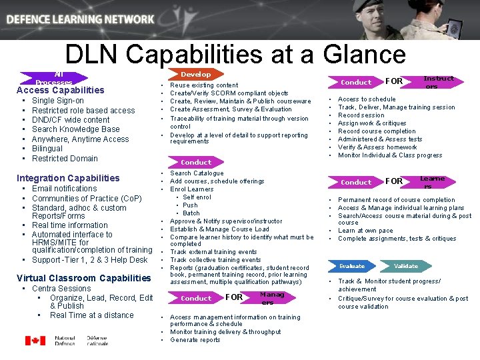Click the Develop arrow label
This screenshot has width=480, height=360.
click(x=196, y=75)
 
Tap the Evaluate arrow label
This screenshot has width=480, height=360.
click(x=351, y=266)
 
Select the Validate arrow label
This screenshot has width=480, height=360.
click(x=405, y=266)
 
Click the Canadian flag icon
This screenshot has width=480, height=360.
click(x=35, y=341)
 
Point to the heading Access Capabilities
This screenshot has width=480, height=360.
click(x=60, y=90)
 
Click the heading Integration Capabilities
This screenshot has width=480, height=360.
click(x=68, y=178)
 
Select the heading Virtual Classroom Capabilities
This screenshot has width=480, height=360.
click(x=83, y=278)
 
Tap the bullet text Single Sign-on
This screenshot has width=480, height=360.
click(x=58, y=101)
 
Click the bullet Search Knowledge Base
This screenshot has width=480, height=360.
click(x=75, y=129)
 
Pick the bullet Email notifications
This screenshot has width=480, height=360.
click(x=64, y=189)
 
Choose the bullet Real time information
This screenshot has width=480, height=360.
click(x=69, y=225)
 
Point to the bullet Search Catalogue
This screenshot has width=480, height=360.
click(x=197, y=173)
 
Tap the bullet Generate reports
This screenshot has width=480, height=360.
click(x=195, y=340)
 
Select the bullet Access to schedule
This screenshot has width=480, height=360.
click(x=367, y=99)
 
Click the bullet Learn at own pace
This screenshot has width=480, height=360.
click(x=365, y=231)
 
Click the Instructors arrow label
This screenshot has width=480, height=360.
click(x=438, y=82)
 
